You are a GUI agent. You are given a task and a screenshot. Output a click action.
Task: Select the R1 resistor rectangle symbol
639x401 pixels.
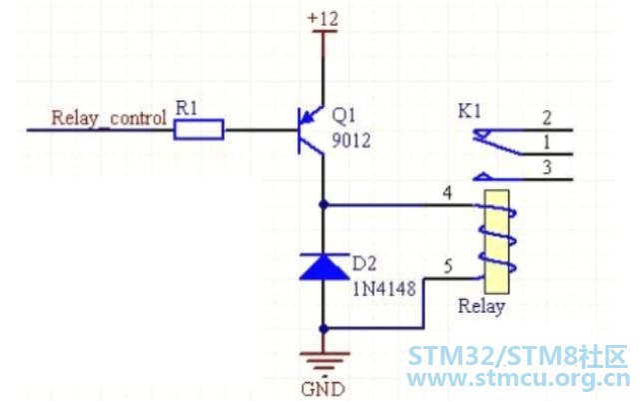pyautogui.click(x=199, y=128)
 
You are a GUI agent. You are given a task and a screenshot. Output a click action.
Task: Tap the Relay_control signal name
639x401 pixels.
pyautogui.click(x=108, y=118)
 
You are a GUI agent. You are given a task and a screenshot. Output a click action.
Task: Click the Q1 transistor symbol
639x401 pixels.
pyautogui.click(x=313, y=130)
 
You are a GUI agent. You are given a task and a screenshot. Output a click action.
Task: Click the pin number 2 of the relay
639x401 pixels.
pyautogui.click(x=546, y=118)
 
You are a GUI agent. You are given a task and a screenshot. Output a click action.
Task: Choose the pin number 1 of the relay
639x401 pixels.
pyautogui.click(x=546, y=143)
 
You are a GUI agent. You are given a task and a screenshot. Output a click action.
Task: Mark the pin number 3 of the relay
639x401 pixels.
pyautogui.click(x=546, y=168)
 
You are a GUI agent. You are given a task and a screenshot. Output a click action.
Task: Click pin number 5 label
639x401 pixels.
pyautogui.click(x=448, y=267)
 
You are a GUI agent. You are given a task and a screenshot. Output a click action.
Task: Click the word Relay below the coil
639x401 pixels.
pyautogui.click(x=481, y=306)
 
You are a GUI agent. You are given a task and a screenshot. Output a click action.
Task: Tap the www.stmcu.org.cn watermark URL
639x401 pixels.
pyautogui.click(x=518, y=380)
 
